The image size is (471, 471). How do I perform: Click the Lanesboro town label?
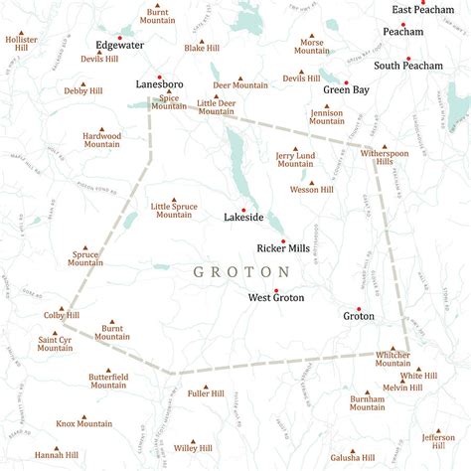click(158, 85)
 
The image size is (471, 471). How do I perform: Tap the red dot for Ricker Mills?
click(283, 240)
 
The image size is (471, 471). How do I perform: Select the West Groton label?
click(276, 297)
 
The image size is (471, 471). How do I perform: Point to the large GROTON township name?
click(241, 271)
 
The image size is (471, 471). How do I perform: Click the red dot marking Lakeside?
click(243, 210)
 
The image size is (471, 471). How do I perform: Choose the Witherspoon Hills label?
click(385, 161)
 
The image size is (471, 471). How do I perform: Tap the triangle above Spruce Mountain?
click(85, 247)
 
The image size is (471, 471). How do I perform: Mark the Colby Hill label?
click(61, 315)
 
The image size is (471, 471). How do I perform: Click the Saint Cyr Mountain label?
click(56, 344)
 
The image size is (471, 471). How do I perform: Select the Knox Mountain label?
click(84, 423)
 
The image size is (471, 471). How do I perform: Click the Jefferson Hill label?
click(438, 441)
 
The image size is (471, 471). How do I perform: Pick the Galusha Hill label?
click(355, 457)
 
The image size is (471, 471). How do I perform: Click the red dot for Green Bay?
click(347, 82)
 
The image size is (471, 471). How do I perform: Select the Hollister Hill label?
click(21, 44)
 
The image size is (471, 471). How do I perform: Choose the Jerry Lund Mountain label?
click(296, 160)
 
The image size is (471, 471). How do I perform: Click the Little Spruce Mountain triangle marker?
click(173, 200)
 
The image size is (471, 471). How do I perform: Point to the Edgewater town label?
click(119, 45)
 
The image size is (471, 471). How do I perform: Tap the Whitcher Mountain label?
click(393, 359)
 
